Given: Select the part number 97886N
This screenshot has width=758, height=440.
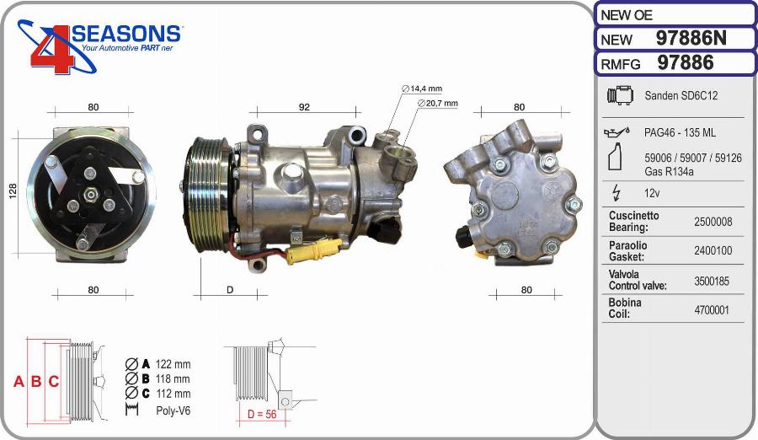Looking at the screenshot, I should click(691, 38).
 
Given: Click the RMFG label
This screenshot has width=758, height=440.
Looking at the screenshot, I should click(620, 64).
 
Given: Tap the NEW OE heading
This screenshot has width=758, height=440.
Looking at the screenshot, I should click(627, 15).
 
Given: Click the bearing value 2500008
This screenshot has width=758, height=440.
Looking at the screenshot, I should click(712, 222).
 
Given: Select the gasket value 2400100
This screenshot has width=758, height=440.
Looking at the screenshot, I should click(712, 251).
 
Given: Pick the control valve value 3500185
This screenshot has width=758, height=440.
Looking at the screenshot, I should click(712, 281).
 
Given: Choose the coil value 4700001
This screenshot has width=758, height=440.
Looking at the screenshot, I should click(712, 309).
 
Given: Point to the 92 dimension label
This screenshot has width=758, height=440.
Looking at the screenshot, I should click(304, 107).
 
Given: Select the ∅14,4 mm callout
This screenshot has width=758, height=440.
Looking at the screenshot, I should click(422, 89).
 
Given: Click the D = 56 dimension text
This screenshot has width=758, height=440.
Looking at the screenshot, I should click(261, 414).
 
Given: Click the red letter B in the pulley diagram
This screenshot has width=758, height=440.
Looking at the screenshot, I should click(36, 382).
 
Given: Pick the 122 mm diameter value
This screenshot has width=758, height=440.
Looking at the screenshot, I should click(173, 364).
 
